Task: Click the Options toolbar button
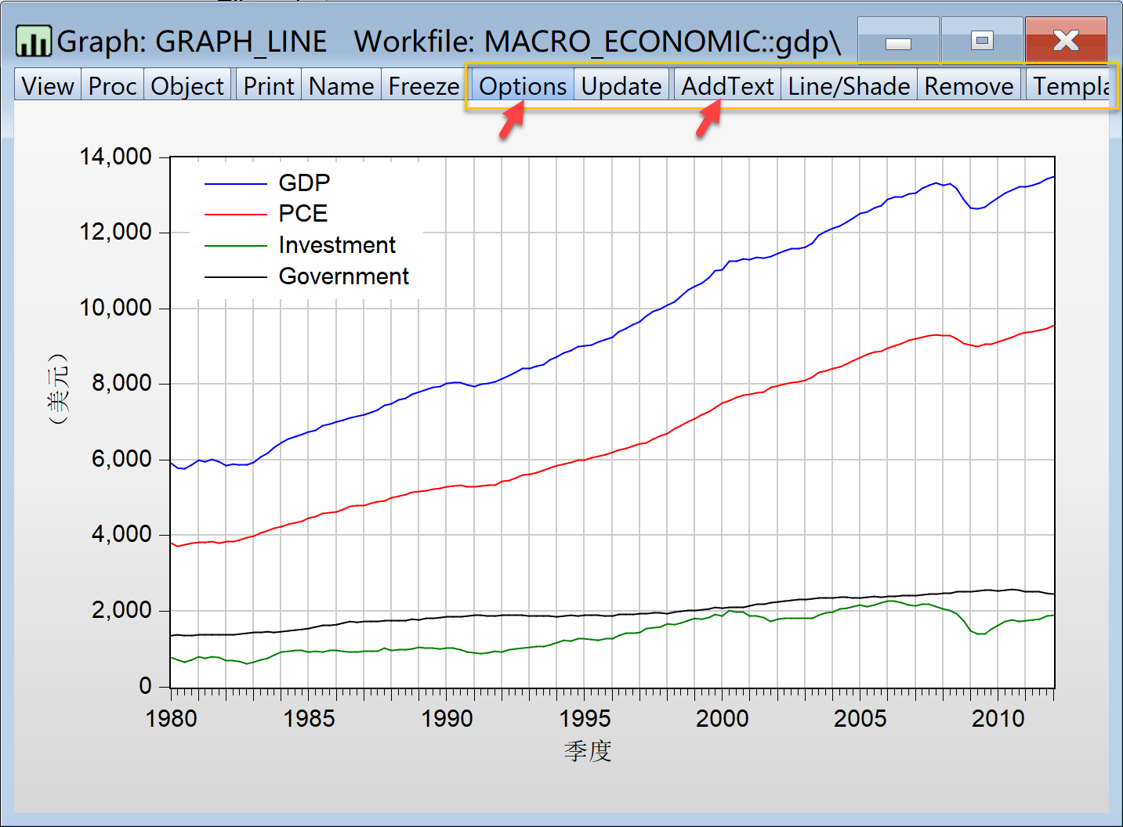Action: pos(523,85)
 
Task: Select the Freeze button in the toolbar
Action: pos(424,85)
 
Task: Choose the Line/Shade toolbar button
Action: pos(849,85)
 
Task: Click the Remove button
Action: pos(969,85)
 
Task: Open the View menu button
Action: pos(48,85)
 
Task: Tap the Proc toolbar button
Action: pos(112,85)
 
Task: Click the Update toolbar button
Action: pos(621,85)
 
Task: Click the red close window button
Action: pos(1066,40)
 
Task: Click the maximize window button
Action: pos(982,40)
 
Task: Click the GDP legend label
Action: pos(304,182)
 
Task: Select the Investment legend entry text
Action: pos(337,245)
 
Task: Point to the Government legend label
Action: pos(343,276)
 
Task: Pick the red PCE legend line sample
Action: pos(235,214)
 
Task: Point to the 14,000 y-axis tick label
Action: pos(116,157)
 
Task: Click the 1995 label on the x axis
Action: pos(585,718)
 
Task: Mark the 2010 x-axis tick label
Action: pos(998,718)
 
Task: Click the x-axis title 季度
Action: pos(587,751)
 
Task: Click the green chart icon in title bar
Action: pos(34,41)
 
